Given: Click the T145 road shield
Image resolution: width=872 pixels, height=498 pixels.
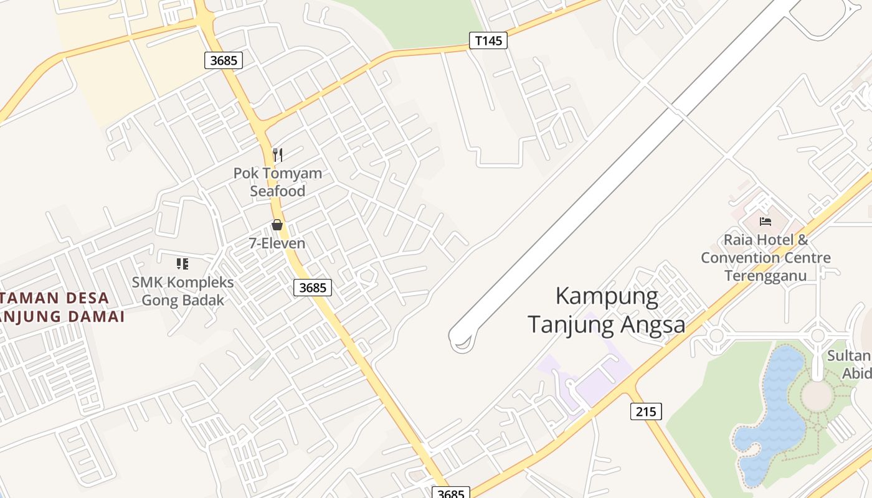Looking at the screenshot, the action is pyautogui.click(x=488, y=41).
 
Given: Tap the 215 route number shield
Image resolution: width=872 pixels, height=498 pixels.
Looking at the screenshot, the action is pyautogui.click(x=646, y=411).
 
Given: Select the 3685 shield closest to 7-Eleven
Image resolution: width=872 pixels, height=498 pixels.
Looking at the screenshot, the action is pyautogui.click(x=312, y=287).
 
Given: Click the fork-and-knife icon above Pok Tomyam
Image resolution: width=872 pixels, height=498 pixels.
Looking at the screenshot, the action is pyautogui.click(x=278, y=154).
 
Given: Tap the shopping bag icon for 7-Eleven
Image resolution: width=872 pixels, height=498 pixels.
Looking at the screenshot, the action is pyautogui.click(x=277, y=225).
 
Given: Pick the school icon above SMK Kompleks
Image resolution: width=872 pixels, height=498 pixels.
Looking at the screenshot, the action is pyautogui.click(x=182, y=264).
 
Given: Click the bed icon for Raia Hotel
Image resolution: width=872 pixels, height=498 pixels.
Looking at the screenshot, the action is pyautogui.click(x=765, y=221).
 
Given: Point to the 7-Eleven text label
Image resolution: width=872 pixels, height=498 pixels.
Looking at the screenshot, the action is pyautogui.click(x=277, y=243).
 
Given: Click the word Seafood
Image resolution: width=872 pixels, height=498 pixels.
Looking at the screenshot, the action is pyautogui.click(x=278, y=191).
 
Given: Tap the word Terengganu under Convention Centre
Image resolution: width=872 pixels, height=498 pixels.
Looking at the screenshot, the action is pyautogui.click(x=765, y=276).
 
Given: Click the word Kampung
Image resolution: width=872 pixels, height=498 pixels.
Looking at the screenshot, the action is pyautogui.click(x=606, y=296).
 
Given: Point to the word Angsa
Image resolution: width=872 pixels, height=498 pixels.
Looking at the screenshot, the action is pyautogui.click(x=655, y=324).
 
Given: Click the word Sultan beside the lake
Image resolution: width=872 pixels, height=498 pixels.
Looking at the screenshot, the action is pyautogui.click(x=848, y=356).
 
